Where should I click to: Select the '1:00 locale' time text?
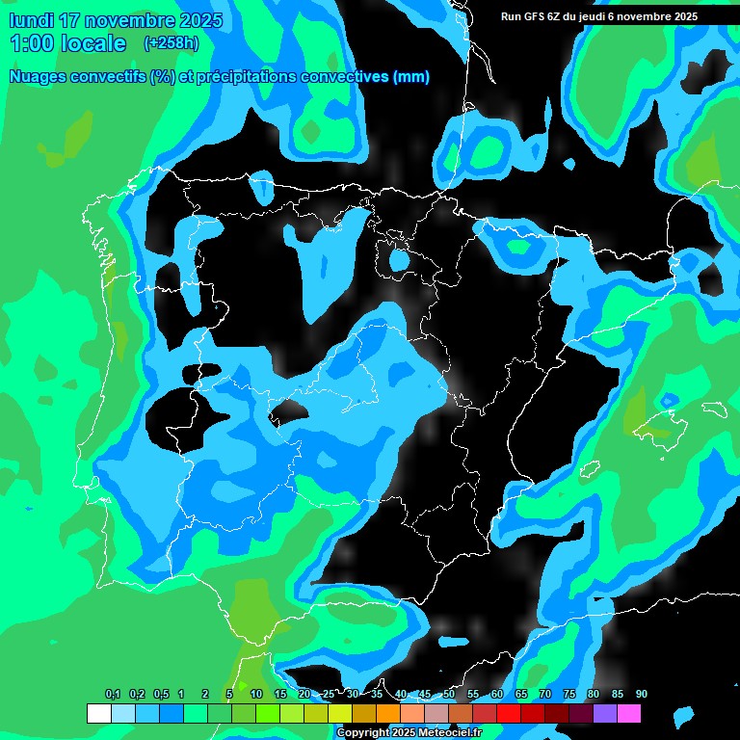pos(67,43)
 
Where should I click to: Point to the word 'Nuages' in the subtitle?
pos(37,77)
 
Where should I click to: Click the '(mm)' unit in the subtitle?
pos(411,77)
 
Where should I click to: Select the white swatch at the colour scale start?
pos(98,714)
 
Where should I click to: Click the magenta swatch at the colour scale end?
pos(629,714)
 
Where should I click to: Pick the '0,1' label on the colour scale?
pos(113,695)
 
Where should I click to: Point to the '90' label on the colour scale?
pos(642,695)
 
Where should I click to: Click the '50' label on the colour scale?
pos(449,695)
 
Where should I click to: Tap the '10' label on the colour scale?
pos(255,695)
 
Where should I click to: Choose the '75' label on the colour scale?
pos(569,695)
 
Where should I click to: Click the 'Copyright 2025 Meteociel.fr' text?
pos(409,733)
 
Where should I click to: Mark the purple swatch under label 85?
pos(605,714)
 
